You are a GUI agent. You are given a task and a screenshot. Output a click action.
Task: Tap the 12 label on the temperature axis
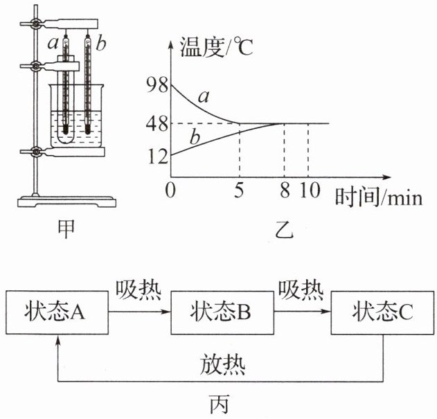[157, 157]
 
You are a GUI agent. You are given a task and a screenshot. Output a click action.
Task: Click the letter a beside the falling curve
[203, 97]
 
